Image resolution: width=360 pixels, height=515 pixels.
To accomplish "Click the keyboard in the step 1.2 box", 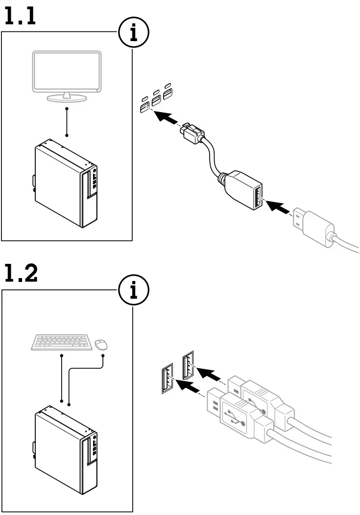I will tap(61, 343).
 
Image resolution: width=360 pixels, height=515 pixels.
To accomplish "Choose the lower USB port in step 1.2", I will tap(167, 379).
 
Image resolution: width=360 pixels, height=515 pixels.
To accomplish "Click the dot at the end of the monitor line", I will tap(67, 135).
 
